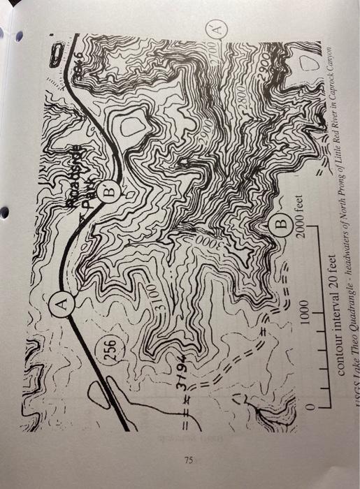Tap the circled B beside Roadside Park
tap(110, 188)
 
